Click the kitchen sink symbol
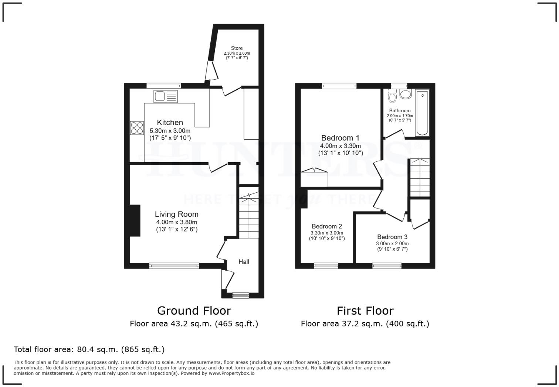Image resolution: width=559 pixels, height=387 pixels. (x=166, y=96)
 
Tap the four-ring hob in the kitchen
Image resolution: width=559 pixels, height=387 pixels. (x=137, y=128)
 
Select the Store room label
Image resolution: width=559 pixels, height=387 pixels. (x=237, y=48)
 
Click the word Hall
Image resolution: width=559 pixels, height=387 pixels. (x=244, y=262)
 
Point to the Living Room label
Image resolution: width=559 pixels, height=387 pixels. (x=177, y=214)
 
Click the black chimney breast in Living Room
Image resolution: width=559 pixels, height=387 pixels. (x=135, y=220)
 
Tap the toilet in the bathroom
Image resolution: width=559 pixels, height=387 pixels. (x=392, y=96)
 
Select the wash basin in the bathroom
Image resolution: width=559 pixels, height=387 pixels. (x=406, y=94)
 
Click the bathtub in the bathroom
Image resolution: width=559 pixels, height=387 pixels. (x=422, y=113)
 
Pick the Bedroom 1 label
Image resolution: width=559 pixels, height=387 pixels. (x=340, y=138)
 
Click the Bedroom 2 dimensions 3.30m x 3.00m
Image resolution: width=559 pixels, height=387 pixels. (x=327, y=233)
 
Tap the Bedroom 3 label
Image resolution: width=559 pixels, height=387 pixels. (x=392, y=237)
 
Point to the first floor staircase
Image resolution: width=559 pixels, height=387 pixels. (x=420, y=178)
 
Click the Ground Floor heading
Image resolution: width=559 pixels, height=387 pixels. (x=194, y=311)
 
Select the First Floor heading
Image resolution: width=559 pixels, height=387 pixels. (x=365, y=311)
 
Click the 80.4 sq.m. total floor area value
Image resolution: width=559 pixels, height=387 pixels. (x=97, y=349)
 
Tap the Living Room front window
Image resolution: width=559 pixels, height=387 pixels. (x=174, y=266)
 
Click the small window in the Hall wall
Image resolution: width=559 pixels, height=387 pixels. (x=241, y=295)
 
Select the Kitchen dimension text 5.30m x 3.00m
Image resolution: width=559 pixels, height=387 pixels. (x=170, y=131)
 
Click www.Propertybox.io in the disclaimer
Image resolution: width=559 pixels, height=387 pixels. (x=231, y=373)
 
